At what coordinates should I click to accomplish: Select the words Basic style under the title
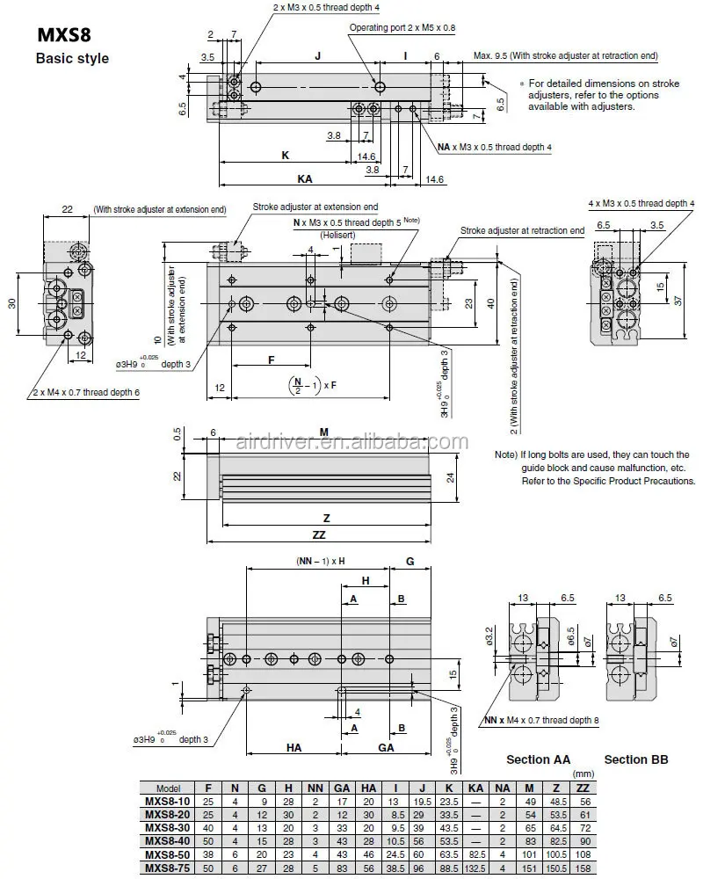coord(71,59)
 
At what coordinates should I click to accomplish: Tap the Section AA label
coord(538,759)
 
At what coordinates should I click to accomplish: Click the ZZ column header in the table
coord(582,788)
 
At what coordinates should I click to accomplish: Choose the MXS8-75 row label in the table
coord(167,869)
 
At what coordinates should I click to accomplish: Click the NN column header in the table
coord(315,788)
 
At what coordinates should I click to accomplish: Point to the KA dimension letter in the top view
coord(304,178)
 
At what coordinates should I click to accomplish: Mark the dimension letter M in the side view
coord(323,432)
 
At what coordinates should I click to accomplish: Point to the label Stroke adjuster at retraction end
coord(522,230)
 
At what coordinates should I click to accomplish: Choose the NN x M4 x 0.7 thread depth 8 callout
coord(541,720)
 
